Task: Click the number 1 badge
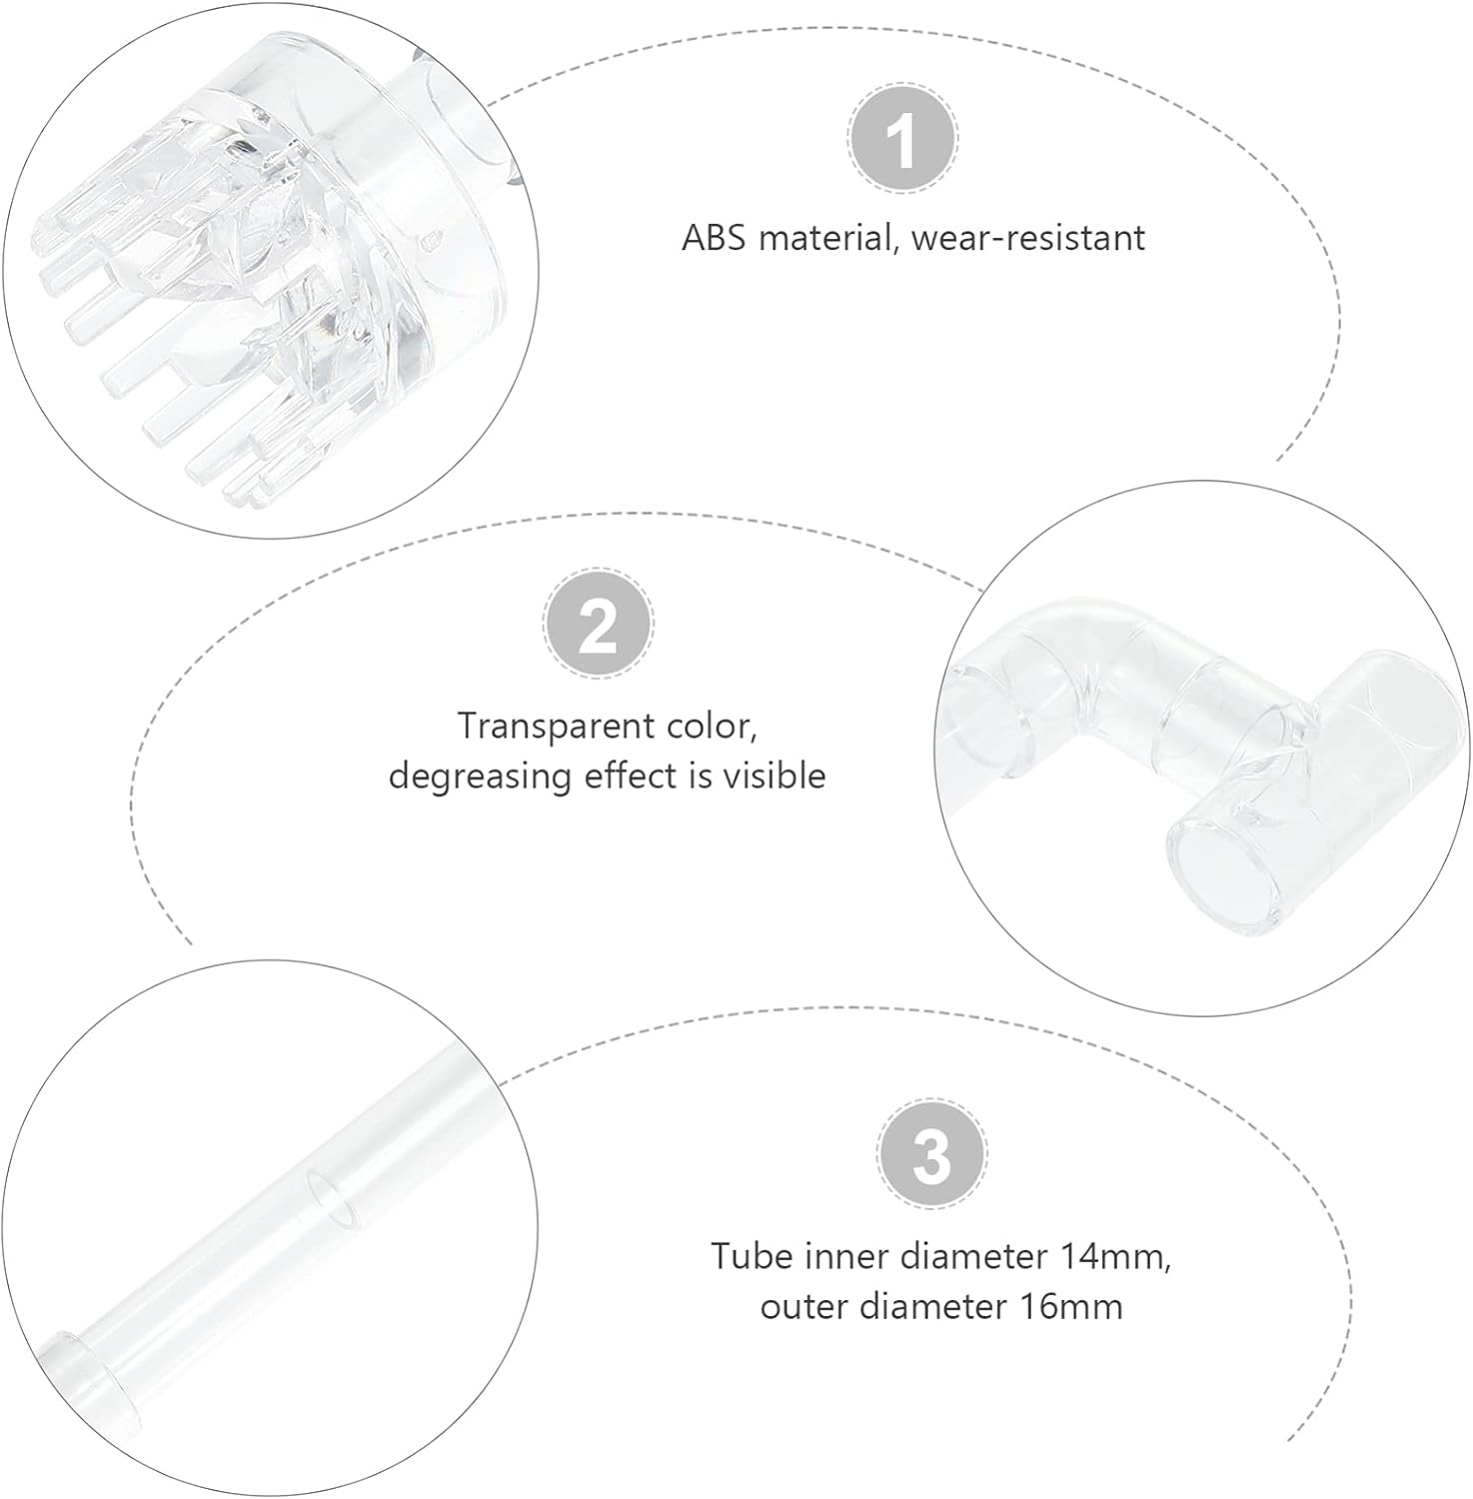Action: click(902, 140)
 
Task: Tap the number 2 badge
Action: click(598, 626)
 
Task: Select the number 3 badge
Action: click(931, 1156)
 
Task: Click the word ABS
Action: click(715, 238)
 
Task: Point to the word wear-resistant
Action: click(1028, 238)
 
